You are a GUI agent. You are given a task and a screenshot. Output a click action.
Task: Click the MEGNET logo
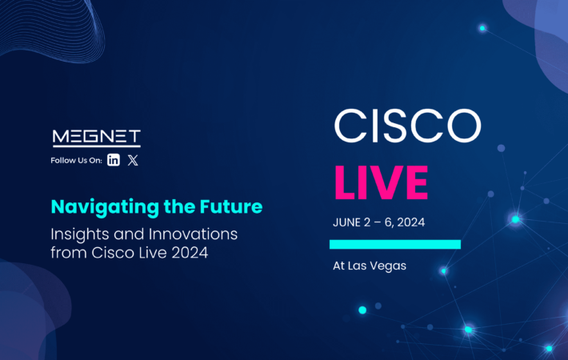[96, 138]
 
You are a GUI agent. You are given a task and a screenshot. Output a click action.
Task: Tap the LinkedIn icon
[114, 160]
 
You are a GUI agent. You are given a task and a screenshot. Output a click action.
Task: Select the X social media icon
[133, 160]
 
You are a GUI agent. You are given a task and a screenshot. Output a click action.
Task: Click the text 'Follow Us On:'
[77, 161]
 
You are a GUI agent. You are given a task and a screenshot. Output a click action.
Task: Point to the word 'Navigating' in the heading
[105, 207]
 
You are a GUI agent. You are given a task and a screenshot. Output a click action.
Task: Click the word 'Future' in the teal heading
[231, 206]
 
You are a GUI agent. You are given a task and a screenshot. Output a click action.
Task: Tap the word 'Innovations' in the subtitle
[193, 234]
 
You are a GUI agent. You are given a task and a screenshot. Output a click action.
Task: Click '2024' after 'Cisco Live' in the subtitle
[190, 253]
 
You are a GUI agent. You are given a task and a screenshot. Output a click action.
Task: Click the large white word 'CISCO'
[407, 126]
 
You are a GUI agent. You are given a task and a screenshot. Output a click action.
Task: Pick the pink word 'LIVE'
[381, 182]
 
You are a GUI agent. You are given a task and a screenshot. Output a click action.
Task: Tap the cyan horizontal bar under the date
[395, 245]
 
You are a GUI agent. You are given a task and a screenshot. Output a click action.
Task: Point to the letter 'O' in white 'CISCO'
[464, 126]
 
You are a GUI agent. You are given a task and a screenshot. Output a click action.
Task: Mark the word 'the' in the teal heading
[179, 206]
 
